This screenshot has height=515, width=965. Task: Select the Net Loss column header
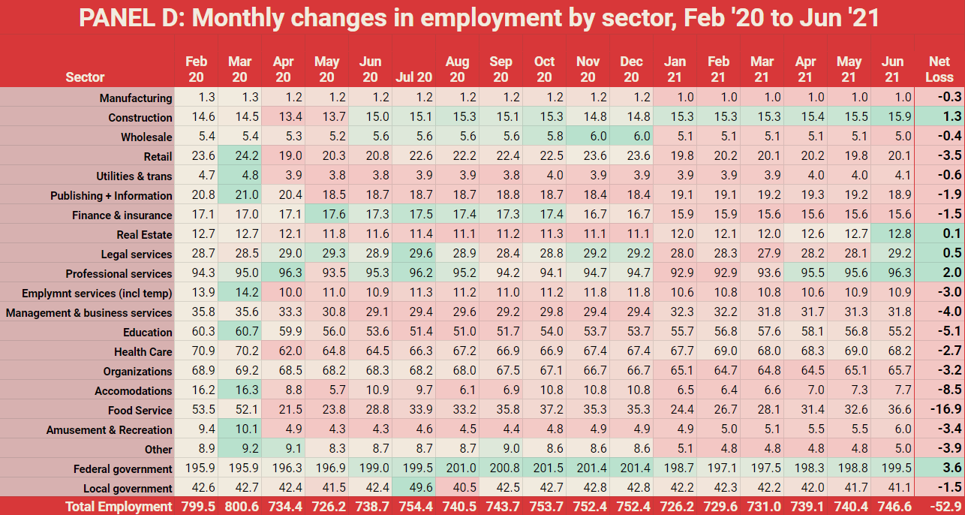pyautogui.click(x=939, y=69)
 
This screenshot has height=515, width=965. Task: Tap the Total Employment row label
pyautogui.click(x=119, y=507)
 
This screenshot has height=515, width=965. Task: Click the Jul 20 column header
pyautogui.click(x=414, y=77)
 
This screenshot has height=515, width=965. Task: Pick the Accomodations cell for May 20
pyautogui.click(x=327, y=390)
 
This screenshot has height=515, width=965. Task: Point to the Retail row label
pyautogui.click(x=158, y=156)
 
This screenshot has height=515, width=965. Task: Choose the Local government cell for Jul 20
pyautogui.click(x=414, y=488)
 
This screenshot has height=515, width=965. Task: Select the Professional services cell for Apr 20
pyautogui.click(x=284, y=273)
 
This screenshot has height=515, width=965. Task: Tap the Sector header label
pyautogui.click(x=85, y=77)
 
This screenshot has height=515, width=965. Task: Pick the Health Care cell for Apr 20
pyautogui.click(x=284, y=351)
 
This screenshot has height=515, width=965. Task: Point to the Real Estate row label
pyautogui.click(x=145, y=234)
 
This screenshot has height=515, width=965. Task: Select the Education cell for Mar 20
pyautogui.click(x=240, y=332)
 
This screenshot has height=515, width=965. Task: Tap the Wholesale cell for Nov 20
pyautogui.click(x=588, y=137)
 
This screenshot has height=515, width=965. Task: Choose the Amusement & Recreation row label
pyautogui.click(x=110, y=429)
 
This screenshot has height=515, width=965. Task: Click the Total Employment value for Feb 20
pyautogui.click(x=197, y=507)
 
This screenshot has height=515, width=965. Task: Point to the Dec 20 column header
pyautogui.click(x=632, y=69)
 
